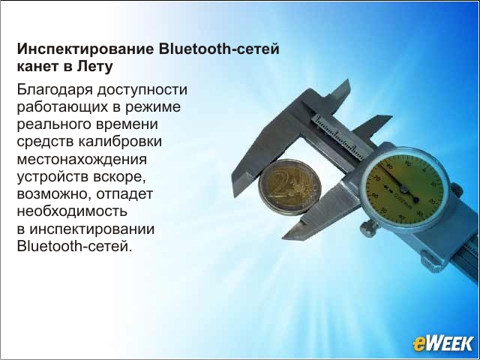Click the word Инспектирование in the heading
85,49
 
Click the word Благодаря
55,90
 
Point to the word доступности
142,90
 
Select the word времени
127,125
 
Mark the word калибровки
120,142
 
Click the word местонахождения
82,160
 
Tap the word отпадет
124,195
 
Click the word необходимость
72,211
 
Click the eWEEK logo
442,343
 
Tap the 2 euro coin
289,187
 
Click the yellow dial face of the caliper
404,189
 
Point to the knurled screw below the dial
368,229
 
